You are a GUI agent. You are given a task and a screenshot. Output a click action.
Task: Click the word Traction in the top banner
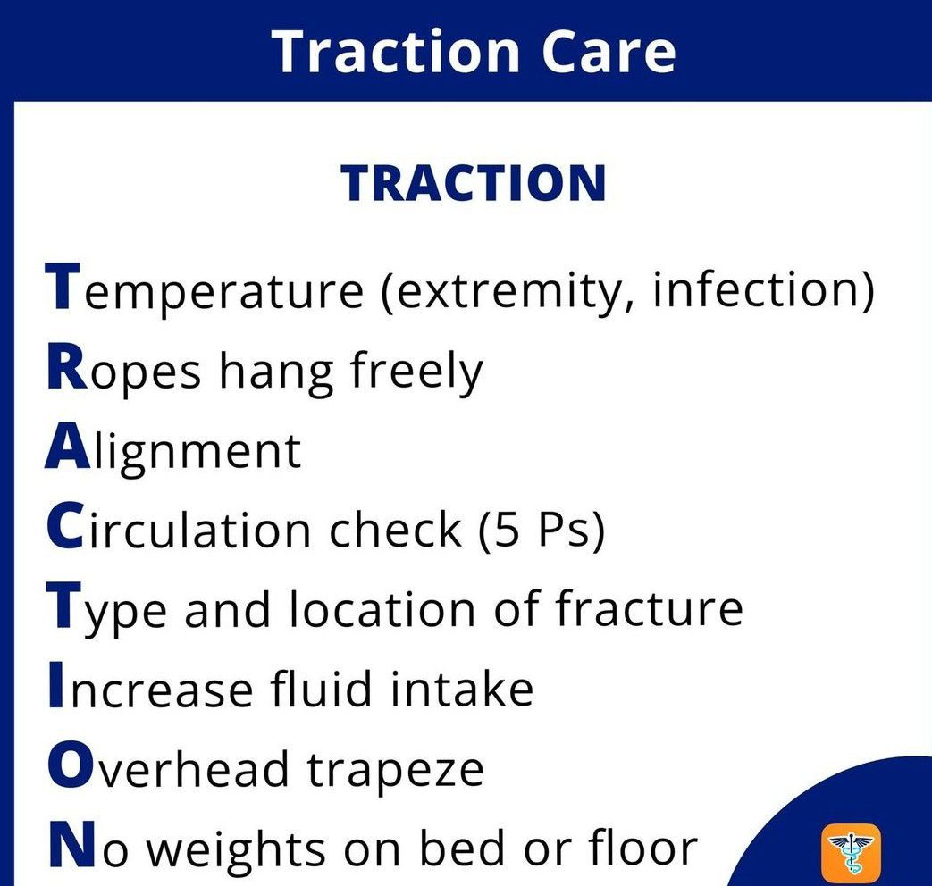(397, 52)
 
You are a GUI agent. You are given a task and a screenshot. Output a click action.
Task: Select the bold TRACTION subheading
(473, 184)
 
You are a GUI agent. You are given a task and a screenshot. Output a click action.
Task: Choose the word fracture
(649, 607)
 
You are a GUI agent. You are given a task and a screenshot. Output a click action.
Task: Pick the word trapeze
(395, 771)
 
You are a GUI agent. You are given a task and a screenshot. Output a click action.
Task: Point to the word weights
(235, 849)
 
